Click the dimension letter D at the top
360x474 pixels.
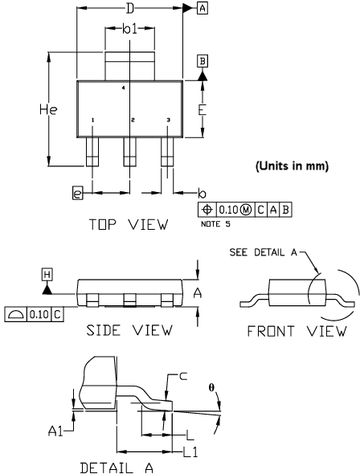pyautogui.click(x=130, y=9)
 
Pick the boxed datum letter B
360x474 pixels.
pyautogui.click(x=202, y=61)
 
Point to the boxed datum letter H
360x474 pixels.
pyautogui.click(x=47, y=276)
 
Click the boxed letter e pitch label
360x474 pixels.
pyautogui.click(x=77, y=193)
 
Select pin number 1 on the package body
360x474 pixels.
pyautogui.click(x=93, y=121)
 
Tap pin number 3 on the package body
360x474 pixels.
pyautogui.click(x=168, y=121)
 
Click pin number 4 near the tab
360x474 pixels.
pyautogui.click(x=123, y=88)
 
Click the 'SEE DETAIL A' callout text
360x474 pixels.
pyautogui.click(x=263, y=252)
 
